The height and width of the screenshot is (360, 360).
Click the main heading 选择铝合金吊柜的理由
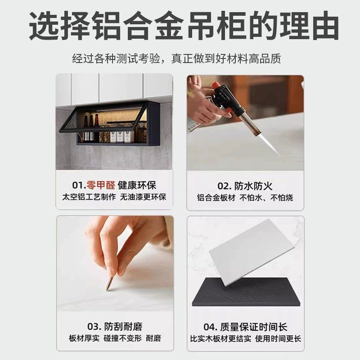(x=184, y=26)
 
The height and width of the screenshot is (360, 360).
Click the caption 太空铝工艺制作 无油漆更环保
(x=114, y=197)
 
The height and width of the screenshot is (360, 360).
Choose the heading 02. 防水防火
(x=245, y=185)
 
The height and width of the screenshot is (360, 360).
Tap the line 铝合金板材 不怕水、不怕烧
(x=245, y=198)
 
